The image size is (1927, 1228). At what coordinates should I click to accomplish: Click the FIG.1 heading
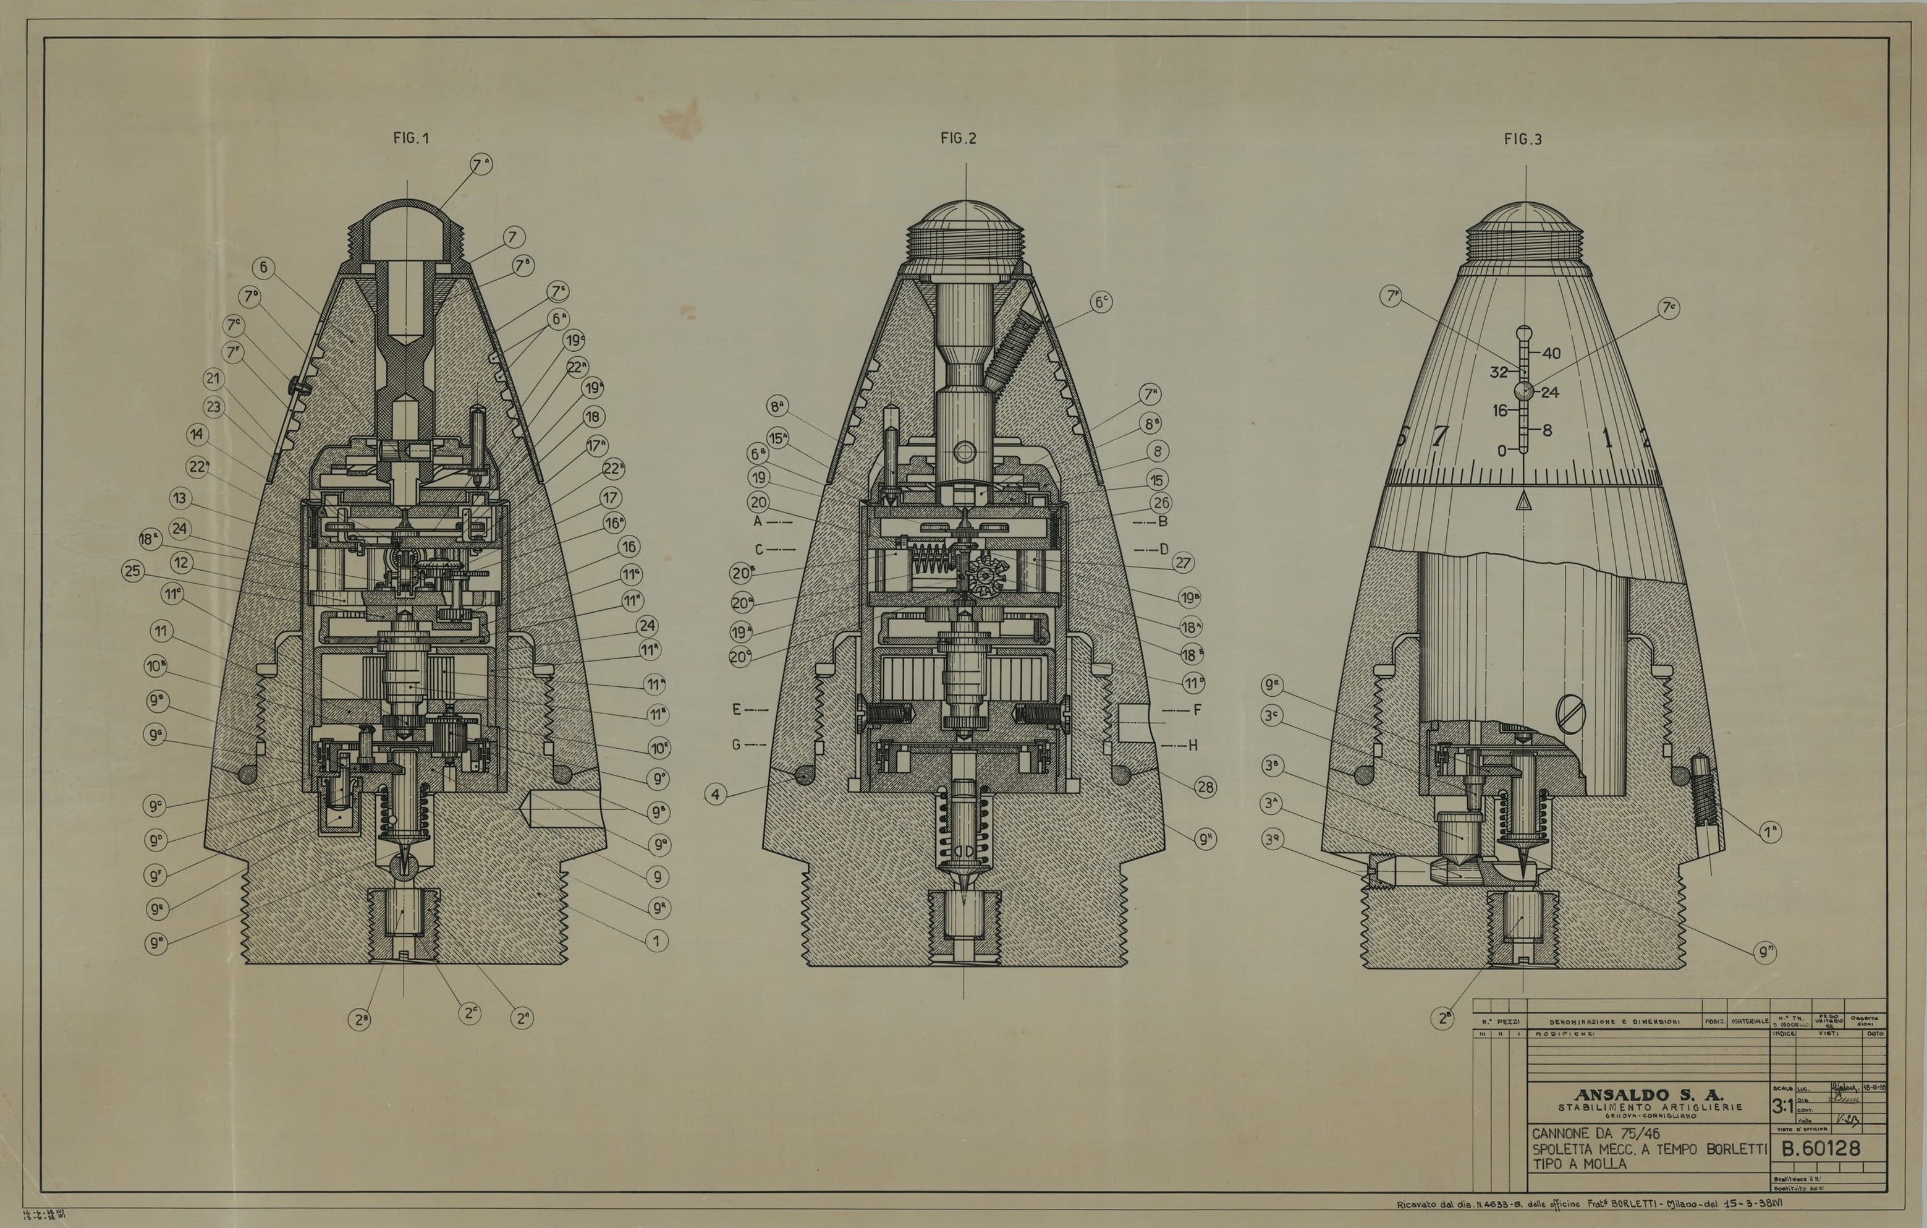point(410,138)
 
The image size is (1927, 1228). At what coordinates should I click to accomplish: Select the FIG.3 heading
point(1522,139)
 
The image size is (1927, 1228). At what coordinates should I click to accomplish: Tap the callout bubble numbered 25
point(133,571)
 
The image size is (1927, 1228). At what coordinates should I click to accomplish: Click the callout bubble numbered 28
point(1205,787)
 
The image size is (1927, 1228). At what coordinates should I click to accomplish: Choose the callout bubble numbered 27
point(1183,563)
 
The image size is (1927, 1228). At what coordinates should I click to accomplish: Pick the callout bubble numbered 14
point(197,435)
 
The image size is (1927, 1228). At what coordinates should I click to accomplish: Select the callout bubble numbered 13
point(180,498)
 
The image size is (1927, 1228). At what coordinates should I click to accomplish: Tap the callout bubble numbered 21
point(214,378)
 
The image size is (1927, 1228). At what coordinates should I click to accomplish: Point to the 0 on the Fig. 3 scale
point(1502,451)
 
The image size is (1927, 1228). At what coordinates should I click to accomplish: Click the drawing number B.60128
point(1821,1149)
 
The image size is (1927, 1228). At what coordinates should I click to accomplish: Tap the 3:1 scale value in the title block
point(1782,1107)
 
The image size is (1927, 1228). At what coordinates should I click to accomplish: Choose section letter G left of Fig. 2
point(736,744)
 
